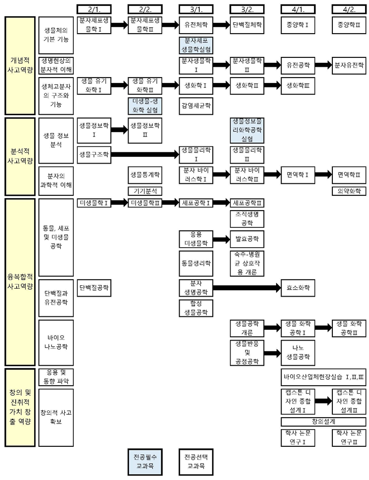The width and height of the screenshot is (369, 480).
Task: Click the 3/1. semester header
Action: coord(196,9)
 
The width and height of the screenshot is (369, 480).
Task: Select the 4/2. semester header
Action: coord(349,9)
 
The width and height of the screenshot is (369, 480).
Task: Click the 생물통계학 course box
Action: coord(145,175)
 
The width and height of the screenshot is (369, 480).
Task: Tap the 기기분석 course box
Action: coord(145,191)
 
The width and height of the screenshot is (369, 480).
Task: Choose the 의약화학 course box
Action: coord(349,191)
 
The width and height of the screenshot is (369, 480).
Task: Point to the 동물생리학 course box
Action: coord(196,263)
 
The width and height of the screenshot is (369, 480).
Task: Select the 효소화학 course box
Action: coord(298,287)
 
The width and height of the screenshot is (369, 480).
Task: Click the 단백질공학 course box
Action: coord(94,287)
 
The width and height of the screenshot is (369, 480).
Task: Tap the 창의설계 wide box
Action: coord(323,422)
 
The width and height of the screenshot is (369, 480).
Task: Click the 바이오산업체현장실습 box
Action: coord(323,377)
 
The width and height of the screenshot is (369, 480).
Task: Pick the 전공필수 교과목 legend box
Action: coord(145,462)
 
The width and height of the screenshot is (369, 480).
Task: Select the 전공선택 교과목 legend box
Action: coord(196,462)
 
